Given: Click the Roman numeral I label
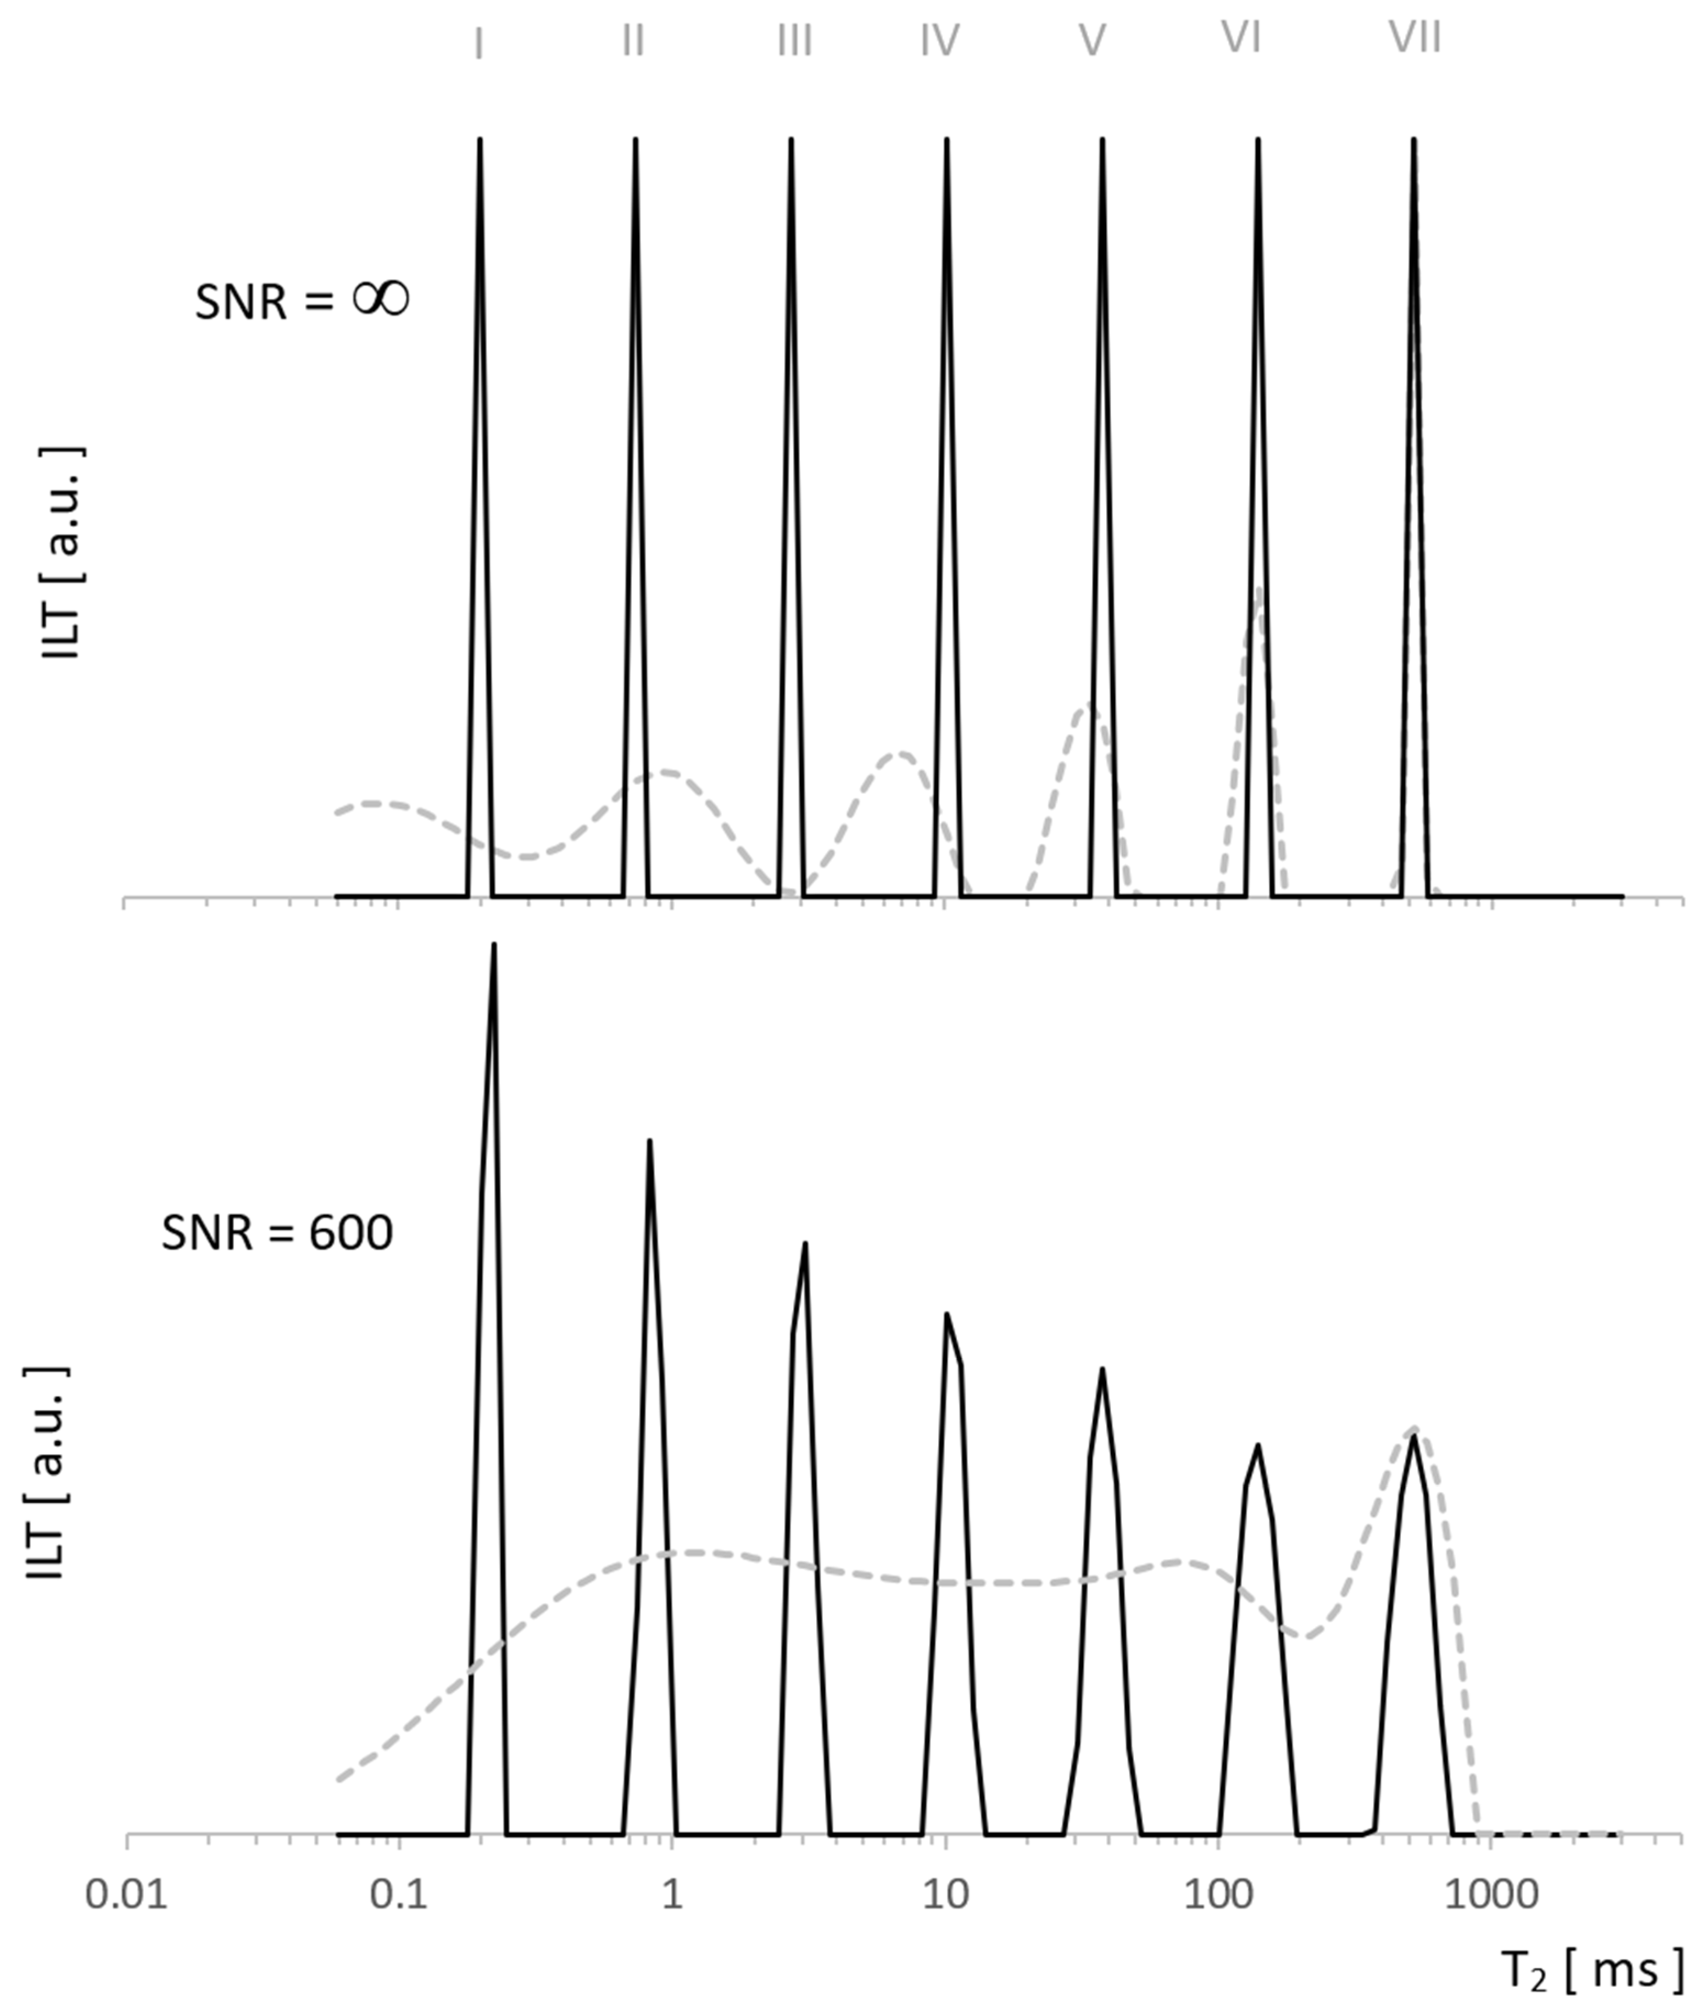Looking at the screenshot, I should [x=479, y=42].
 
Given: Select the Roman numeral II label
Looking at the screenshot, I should [x=633, y=41].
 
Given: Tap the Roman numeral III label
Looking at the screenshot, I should [x=795, y=41].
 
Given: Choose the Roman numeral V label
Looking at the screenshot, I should [x=1092, y=41].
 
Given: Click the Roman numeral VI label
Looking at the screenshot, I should [x=1241, y=38].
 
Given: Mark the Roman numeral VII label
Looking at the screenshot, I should [x=1415, y=38].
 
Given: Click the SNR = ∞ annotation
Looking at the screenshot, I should [x=302, y=302].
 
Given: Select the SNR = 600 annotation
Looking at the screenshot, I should [x=277, y=1233].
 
